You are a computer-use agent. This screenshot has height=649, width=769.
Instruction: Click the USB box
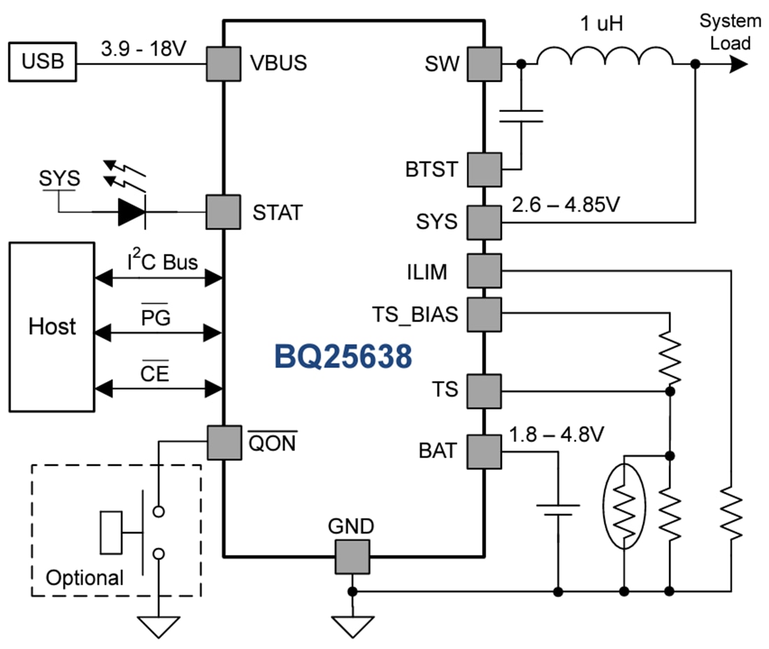point(42,62)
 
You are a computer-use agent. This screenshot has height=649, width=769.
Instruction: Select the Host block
point(52,326)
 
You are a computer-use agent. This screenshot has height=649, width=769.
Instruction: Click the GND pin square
point(352,556)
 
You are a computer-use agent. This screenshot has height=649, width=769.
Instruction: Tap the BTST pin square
point(484,169)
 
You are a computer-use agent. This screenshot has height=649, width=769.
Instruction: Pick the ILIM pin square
point(484,271)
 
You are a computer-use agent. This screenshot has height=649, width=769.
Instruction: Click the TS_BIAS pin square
point(484,314)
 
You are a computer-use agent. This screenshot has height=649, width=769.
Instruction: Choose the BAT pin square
point(484,451)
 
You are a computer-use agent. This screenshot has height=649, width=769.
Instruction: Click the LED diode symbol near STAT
point(132,212)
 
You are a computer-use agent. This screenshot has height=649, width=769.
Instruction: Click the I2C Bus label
point(161,263)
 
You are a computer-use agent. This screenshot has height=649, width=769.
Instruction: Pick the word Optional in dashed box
point(85,578)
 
